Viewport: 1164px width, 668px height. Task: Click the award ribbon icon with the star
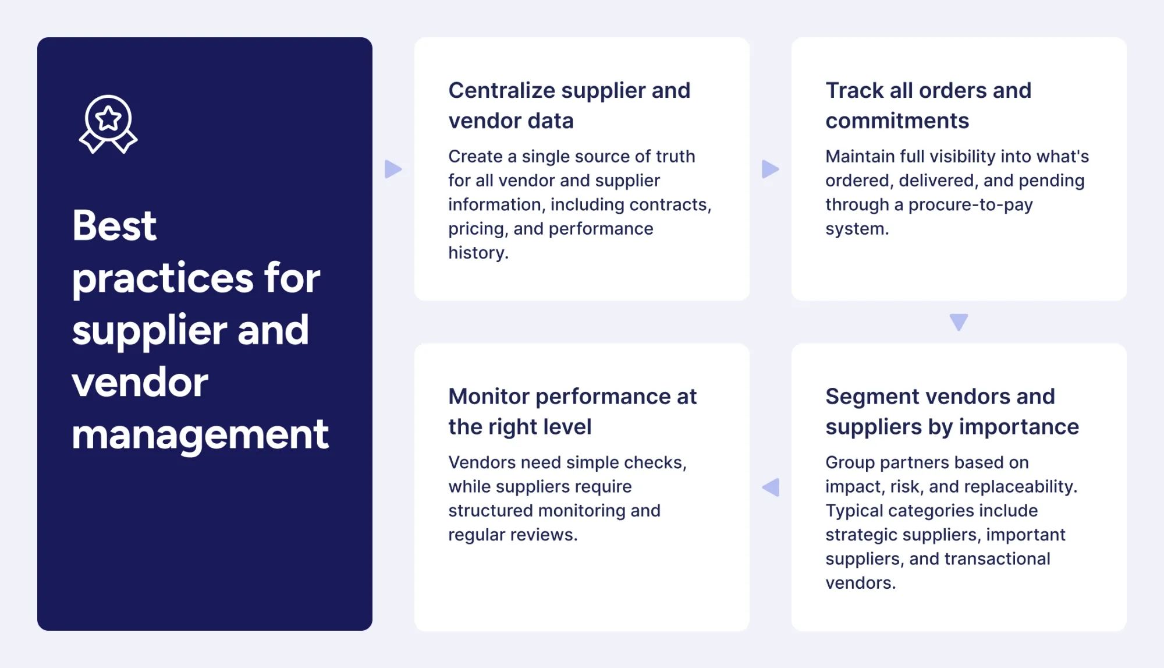108,124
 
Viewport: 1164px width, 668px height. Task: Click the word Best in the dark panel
114,226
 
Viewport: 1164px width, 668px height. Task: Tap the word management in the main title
200,435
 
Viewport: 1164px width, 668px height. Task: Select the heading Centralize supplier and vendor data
569,105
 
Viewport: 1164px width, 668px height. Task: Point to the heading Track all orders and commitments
928,105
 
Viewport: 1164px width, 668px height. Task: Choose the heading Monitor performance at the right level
572,411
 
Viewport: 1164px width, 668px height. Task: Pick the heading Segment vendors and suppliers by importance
952,411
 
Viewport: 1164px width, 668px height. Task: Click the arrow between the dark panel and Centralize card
393,169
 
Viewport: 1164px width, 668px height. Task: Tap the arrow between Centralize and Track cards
770,169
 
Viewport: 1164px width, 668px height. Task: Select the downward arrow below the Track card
959,321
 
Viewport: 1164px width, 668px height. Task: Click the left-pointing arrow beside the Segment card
771,487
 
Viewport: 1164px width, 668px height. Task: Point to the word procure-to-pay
970,205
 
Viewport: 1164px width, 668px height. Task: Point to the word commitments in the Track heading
897,121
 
